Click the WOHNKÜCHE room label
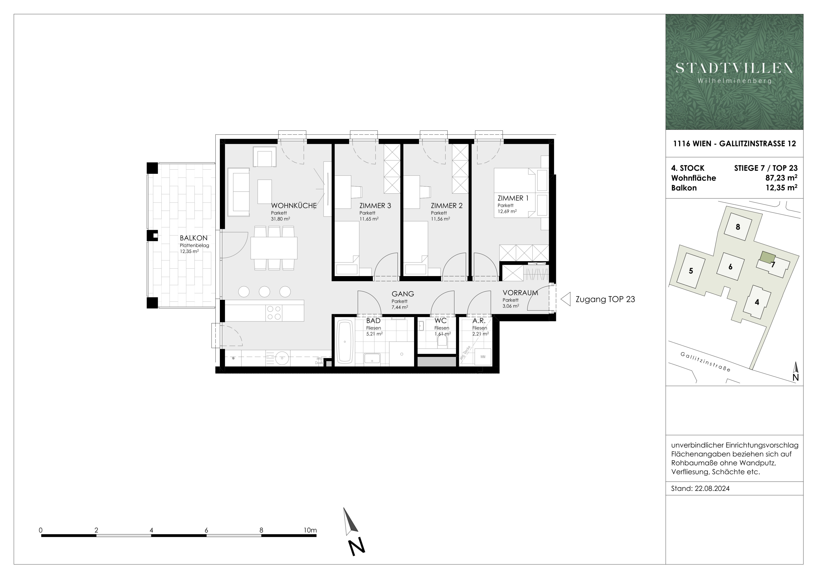pyautogui.click(x=294, y=206)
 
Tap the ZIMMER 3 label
pyautogui.click(x=375, y=206)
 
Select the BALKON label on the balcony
pyautogui.click(x=194, y=238)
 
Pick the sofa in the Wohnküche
pyautogui.click(x=238, y=192)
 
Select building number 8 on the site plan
pyautogui.click(x=738, y=227)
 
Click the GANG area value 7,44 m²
pyautogui.click(x=400, y=307)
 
